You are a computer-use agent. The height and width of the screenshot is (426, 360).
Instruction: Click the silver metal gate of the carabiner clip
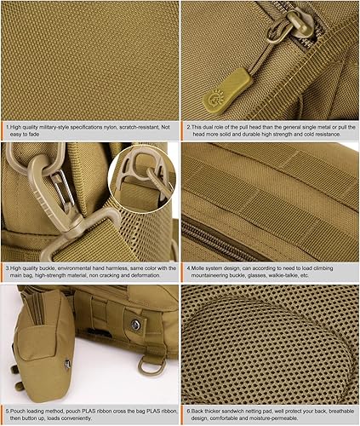[59, 188]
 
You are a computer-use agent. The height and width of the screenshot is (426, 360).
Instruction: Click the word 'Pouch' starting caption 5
[18, 411]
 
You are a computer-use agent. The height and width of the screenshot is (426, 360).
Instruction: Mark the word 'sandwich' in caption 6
[228, 411]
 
